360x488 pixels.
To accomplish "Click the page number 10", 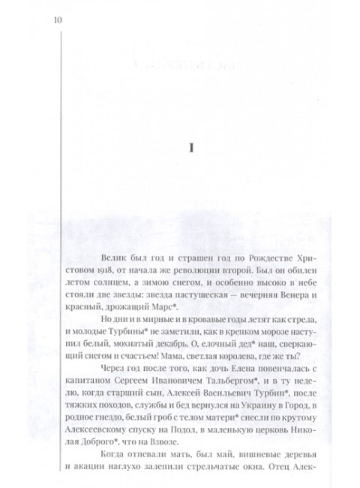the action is (58, 20).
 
